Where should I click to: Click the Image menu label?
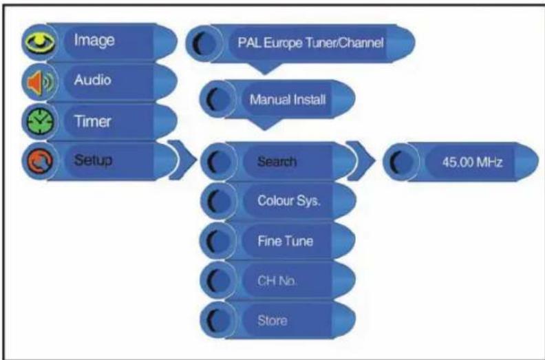point(94,41)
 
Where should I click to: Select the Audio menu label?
point(92,80)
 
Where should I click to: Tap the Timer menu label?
point(92,121)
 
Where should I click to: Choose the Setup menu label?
point(93,160)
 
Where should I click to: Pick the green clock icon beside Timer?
point(40,122)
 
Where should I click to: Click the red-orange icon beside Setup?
point(40,161)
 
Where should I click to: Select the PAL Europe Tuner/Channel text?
point(310,43)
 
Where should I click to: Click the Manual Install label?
point(288,100)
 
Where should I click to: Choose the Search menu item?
point(277,162)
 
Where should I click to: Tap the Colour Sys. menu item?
point(289,201)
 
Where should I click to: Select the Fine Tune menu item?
point(286,241)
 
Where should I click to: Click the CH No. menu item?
point(277,281)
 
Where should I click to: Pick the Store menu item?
point(272,320)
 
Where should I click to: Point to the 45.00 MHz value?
point(472,162)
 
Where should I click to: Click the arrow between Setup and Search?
point(182,160)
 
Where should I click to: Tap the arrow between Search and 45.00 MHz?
point(361,160)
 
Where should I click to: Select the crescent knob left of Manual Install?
point(216,100)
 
